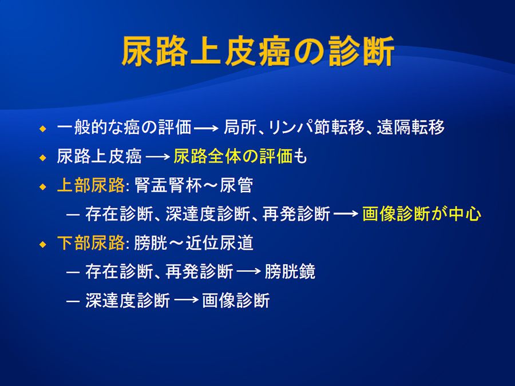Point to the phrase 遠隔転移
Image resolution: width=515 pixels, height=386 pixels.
pos(410,128)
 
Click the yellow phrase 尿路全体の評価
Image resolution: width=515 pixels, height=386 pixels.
pos(233,156)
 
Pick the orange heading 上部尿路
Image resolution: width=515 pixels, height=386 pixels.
pos(90,185)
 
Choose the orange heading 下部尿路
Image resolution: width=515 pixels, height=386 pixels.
pos(90,243)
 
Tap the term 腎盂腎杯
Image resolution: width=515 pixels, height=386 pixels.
pos(168,185)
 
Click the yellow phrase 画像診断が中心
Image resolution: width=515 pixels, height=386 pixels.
pos(422,214)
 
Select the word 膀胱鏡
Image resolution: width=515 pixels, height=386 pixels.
pos(290,272)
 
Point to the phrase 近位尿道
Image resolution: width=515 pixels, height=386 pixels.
pos(219,243)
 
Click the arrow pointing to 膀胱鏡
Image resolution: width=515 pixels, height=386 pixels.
pos(249,272)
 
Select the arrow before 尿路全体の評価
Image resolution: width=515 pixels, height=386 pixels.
pos(158,157)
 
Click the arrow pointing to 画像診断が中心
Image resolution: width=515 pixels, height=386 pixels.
pos(346,214)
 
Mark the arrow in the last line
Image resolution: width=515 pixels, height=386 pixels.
pos(186,300)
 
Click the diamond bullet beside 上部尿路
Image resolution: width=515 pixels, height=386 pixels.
pos(43,187)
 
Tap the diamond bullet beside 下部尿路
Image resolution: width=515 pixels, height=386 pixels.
pos(43,245)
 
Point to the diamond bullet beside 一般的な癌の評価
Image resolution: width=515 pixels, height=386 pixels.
pos(43,129)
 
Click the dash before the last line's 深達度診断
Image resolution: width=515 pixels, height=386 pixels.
pos(73,301)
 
